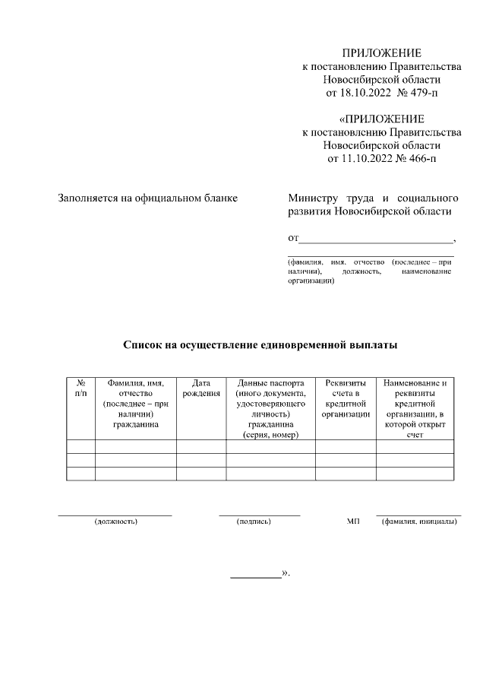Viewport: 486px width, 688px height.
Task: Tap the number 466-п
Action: pos(423,159)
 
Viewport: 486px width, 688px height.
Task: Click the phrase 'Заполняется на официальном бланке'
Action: pos(148,198)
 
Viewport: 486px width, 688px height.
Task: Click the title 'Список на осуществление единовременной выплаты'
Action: pos(260,344)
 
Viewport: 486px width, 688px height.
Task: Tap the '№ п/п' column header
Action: pos(80,388)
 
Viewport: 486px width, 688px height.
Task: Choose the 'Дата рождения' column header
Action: pos(201,388)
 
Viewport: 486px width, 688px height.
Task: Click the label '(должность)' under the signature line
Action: pos(115,522)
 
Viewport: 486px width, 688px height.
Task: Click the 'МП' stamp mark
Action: pos(352,522)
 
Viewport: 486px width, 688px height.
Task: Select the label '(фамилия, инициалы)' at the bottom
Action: pos(419,522)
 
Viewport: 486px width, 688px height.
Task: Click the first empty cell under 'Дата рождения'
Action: pos(201,446)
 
